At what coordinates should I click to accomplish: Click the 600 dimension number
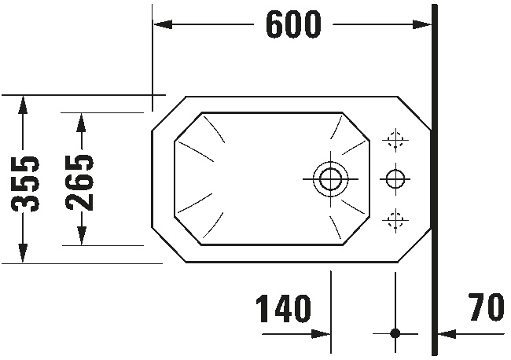pos(293,24)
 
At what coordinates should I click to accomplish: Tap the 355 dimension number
pos(25,184)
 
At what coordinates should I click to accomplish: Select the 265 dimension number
pos(79,182)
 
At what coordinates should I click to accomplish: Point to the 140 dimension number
pos(283,308)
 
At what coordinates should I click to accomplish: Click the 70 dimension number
pos(487,307)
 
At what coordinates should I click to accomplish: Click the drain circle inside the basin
pos(330,179)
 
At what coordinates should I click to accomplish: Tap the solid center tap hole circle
pos(395,179)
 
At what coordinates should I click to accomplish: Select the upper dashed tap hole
pos(395,141)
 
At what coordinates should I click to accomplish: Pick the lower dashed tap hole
pos(395,220)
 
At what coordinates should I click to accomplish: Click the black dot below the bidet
pos(395,333)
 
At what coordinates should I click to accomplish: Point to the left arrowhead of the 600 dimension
pos(163,24)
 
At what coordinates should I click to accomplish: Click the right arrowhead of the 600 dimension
pos(422,24)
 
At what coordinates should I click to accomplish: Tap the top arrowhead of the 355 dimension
pos(23,105)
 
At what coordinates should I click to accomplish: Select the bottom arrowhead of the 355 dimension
pos(23,252)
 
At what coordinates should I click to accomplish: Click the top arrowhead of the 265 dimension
pos(81,123)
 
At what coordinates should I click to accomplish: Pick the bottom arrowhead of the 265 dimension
pos(81,235)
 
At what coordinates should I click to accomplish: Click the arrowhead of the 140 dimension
pos(321,334)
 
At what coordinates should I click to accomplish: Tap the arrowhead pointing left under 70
pos(447,334)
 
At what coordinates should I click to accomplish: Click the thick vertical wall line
pos(435,180)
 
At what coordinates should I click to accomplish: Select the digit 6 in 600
pos(275,24)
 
